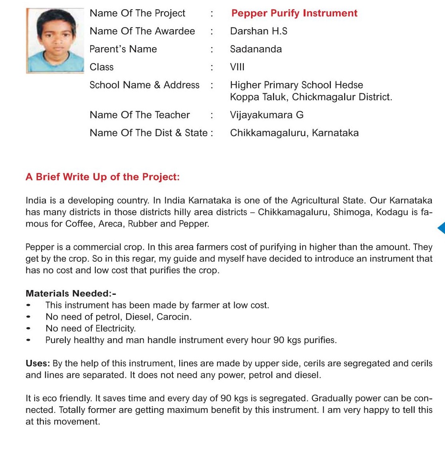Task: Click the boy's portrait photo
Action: pos(55,40)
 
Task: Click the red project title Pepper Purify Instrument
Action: pos(294,13)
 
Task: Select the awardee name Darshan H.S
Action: pos(259,31)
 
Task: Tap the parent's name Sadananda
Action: pos(256,49)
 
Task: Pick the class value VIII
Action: pos(237,67)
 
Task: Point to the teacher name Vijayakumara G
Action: pos(267,115)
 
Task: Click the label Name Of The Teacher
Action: pos(140,115)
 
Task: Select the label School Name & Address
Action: pos(144,85)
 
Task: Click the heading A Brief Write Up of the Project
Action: pos(103,177)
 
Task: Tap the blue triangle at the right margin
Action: pos(441,228)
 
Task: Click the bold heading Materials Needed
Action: pos(71,294)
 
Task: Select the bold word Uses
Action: pos(38,363)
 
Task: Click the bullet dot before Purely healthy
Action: pos(28,340)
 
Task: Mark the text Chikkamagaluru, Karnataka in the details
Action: pos(294,133)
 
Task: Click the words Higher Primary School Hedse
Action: pos(297,85)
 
